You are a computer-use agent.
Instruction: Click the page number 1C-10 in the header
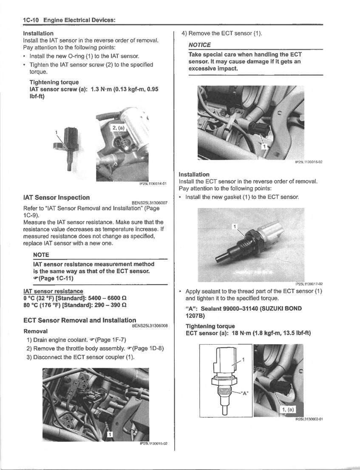(32, 20)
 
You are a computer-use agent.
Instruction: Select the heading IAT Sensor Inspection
(56, 197)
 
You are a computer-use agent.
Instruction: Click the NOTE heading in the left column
(41, 255)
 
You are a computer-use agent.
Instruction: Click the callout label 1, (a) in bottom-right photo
(288, 409)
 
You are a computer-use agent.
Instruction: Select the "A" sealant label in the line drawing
(244, 393)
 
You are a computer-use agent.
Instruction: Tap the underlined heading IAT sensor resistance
(53, 291)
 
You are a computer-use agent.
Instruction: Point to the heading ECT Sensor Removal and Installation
(79, 320)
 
